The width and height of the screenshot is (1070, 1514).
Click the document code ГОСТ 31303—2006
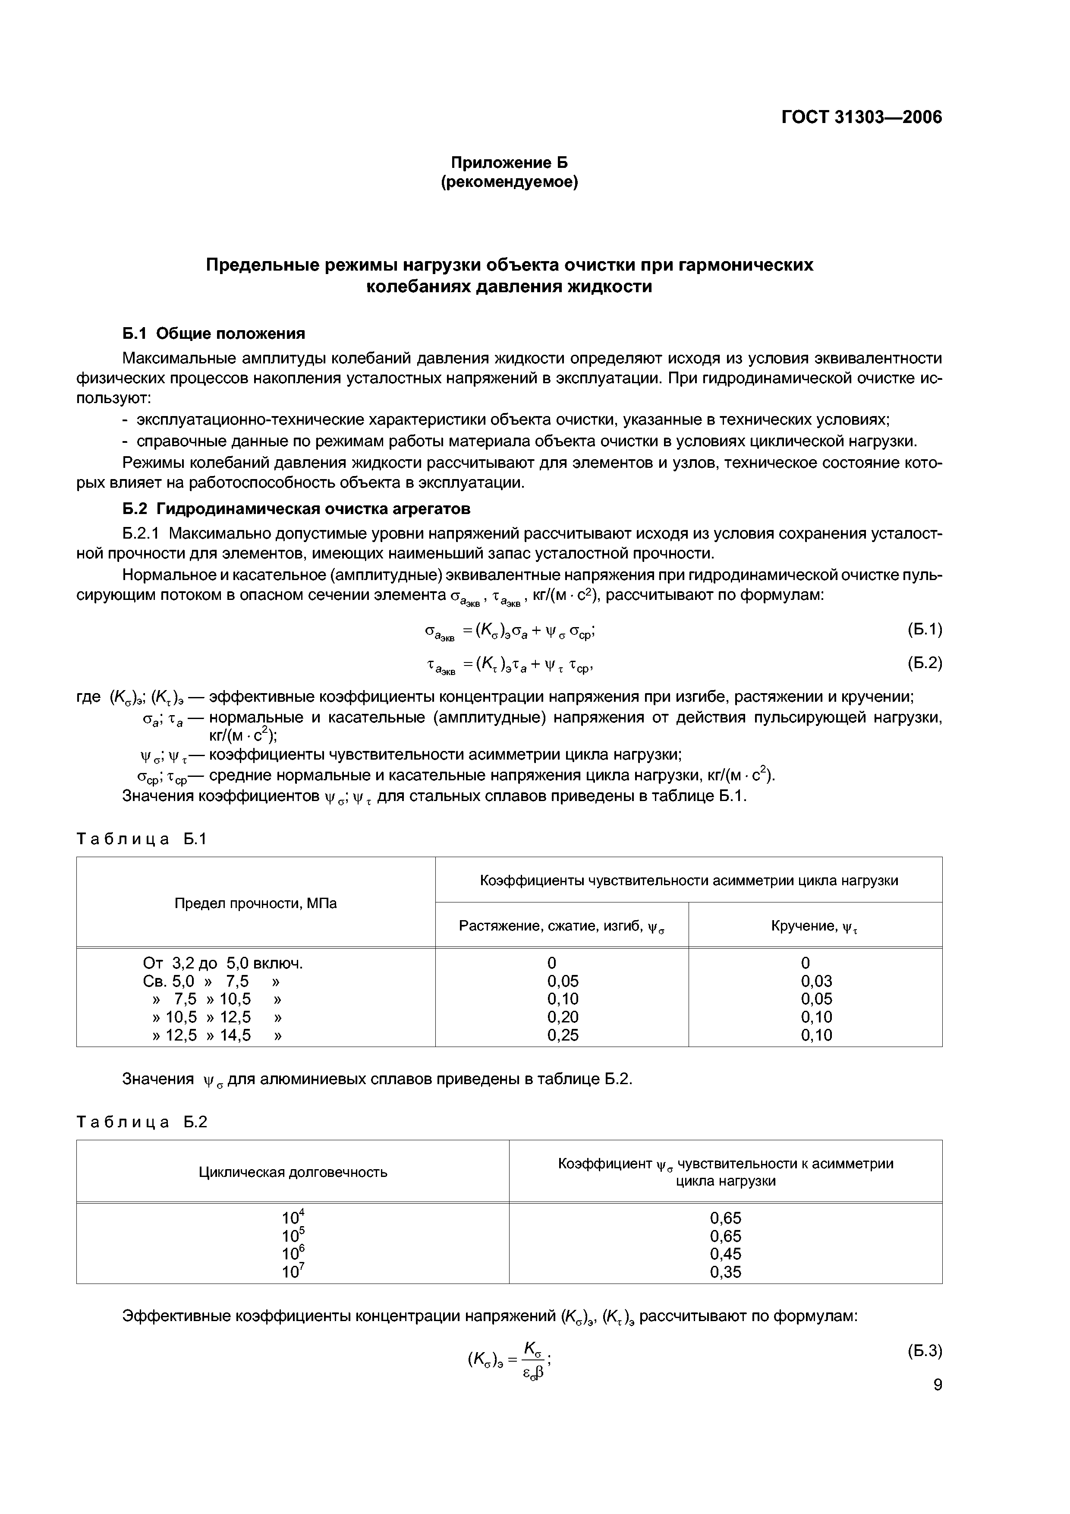coord(861,117)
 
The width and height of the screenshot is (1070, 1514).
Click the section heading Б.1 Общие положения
coord(214,333)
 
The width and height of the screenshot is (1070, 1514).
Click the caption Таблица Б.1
coord(142,839)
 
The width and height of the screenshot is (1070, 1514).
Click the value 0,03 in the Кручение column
coord(816,981)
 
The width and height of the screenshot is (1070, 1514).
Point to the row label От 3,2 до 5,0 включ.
coord(223,963)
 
